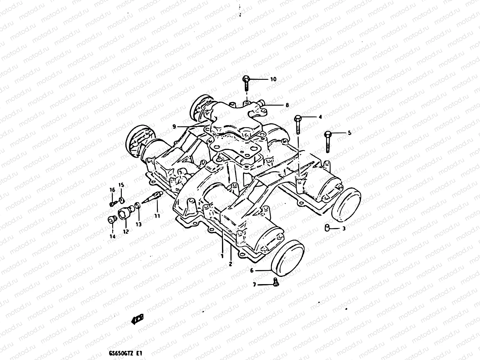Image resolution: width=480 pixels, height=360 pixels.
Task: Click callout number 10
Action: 273,79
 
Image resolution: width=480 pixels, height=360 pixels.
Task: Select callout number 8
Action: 287,105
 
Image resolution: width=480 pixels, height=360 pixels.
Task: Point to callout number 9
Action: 174,127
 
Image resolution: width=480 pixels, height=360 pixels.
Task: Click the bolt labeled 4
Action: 297,124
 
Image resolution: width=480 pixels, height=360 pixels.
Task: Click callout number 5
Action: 349,133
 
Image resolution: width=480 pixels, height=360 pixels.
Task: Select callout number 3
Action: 344,229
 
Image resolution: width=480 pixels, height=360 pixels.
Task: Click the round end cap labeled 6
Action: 287,259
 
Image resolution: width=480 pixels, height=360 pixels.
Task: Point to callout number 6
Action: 252,271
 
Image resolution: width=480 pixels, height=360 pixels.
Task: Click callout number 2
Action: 230,264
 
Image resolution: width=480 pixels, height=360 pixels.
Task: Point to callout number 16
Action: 112,190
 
